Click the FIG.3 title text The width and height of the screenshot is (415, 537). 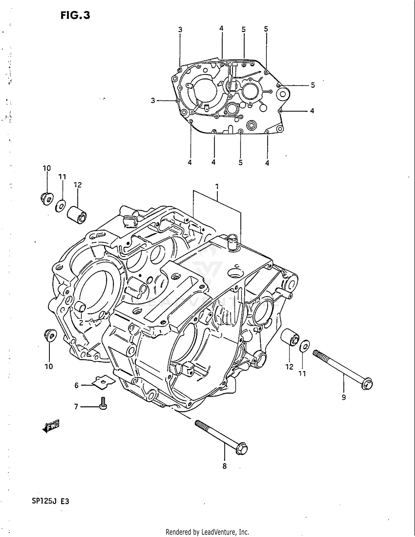point(75,15)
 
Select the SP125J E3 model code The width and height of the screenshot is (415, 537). point(50,501)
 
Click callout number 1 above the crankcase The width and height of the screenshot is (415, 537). point(217,186)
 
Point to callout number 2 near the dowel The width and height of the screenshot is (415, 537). point(81,323)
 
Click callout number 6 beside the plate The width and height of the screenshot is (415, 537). point(77,385)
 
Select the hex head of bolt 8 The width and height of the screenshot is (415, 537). point(242,449)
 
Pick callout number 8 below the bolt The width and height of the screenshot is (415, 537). point(224,466)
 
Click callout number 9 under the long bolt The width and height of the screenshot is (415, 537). point(344,397)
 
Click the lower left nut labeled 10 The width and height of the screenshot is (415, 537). point(50,335)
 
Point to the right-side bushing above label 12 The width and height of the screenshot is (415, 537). point(290,337)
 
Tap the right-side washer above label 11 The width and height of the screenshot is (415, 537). point(305,346)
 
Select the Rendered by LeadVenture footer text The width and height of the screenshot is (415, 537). point(207,532)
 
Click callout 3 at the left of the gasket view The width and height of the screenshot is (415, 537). point(153,101)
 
